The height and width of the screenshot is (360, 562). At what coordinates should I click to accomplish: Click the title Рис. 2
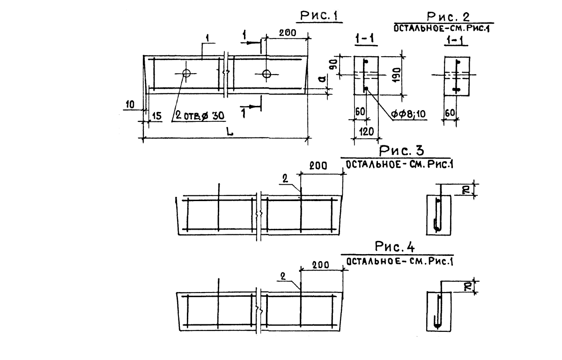click(448, 17)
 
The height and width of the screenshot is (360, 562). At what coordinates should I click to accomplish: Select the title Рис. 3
click(401, 150)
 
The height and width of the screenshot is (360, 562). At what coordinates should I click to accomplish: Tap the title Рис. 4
click(395, 246)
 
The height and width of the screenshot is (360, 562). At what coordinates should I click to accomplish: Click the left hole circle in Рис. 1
click(186, 73)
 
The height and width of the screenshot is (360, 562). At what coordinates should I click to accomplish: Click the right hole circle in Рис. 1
click(266, 74)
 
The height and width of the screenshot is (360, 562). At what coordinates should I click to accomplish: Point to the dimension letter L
click(229, 131)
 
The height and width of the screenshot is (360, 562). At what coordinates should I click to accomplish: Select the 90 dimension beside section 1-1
click(335, 65)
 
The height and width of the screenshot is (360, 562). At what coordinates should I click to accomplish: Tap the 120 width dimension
click(367, 132)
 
